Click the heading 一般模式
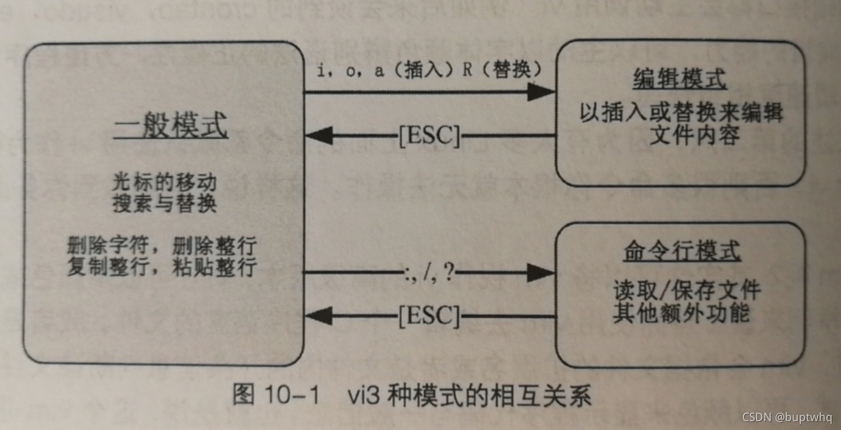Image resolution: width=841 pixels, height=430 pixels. click(x=169, y=127)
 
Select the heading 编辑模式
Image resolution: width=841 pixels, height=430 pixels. click(x=680, y=79)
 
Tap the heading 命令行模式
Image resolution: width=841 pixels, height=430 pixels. click(x=681, y=252)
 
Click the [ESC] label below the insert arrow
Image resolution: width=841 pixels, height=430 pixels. click(x=429, y=136)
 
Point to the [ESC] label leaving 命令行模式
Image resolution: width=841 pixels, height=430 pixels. click(x=429, y=316)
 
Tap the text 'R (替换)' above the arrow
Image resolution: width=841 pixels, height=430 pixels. click(x=501, y=71)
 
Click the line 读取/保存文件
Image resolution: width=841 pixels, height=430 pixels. click(x=687, y=290)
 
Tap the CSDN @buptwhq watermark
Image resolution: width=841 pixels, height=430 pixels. click(x=787, y=417)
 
